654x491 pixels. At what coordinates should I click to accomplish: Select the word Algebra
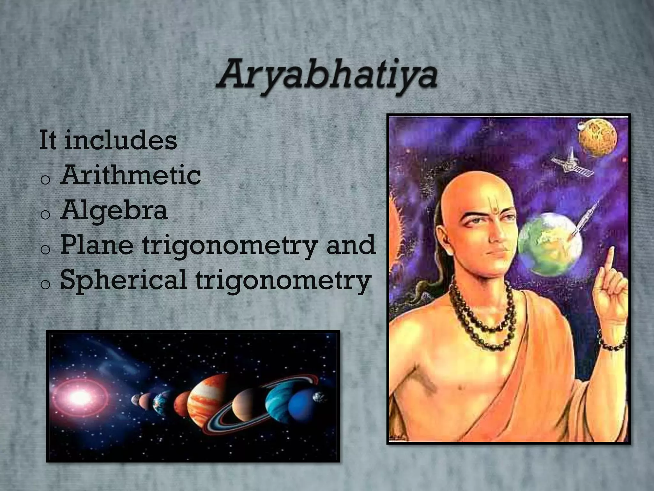pos(114,210)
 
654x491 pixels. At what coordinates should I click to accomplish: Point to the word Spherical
pos(123,280)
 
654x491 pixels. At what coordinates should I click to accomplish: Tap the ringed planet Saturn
pos(246,405)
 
